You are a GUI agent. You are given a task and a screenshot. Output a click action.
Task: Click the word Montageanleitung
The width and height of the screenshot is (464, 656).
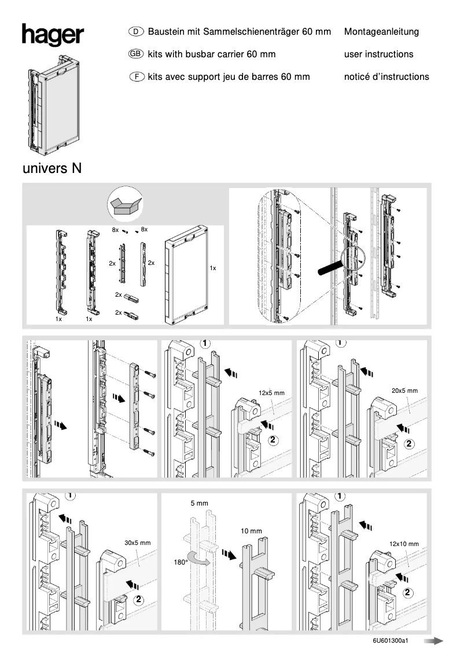click(381, 32)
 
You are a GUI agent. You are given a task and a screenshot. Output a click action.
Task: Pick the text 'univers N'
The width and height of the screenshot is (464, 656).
click(52, 169)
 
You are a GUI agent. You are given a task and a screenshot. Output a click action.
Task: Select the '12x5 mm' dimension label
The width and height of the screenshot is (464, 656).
click(271, 393)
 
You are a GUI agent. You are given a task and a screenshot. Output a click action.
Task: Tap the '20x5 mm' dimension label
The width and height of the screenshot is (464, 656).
click(404, 390)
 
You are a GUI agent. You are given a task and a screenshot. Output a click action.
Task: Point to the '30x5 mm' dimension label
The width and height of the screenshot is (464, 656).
click(137, 543)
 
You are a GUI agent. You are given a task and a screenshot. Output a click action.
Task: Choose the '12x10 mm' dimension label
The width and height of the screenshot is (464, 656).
click(404, 544)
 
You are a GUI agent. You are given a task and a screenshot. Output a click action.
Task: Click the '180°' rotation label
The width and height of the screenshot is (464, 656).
click(181, 562)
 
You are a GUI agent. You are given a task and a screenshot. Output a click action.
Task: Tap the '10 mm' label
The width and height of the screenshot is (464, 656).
click(251, 531)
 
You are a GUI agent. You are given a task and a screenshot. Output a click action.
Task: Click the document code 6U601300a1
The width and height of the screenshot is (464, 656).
click(391, 641)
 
